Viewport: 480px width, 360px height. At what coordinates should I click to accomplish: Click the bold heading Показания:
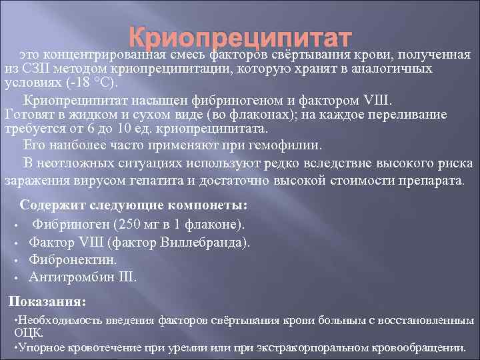pos(47,301)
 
